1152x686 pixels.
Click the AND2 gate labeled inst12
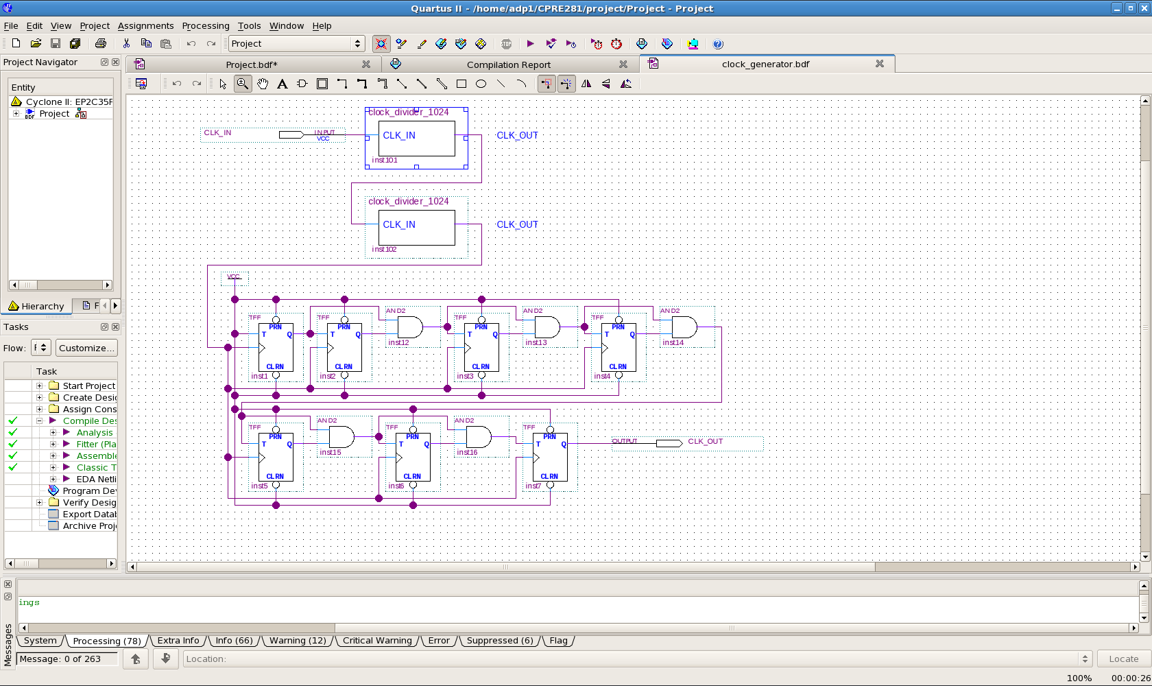point(409,327)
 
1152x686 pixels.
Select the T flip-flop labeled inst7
point(550,457)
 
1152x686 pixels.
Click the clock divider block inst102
point(417,228)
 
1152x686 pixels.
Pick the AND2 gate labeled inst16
point(478,437)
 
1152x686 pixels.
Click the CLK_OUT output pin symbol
point(669,443)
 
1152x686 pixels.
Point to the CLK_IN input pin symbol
point(291,134)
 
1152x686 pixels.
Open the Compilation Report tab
point(508,64)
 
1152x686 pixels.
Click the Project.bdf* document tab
point(252,64)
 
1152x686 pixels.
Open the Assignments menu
point(145,26)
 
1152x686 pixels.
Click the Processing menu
point(205,26)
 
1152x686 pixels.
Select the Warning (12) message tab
point(298,641)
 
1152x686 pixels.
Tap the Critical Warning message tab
point(377,641)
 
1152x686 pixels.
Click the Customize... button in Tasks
point(86,348)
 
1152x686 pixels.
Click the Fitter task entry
point(96,444)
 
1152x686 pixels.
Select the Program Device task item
point(89,490)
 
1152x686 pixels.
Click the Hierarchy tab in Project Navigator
point(37,306)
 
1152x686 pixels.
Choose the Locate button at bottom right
point(1123,659)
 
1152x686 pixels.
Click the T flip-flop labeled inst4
point(619,347)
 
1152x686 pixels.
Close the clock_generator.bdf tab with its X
point(880,64)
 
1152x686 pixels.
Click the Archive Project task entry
point(89,525)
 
